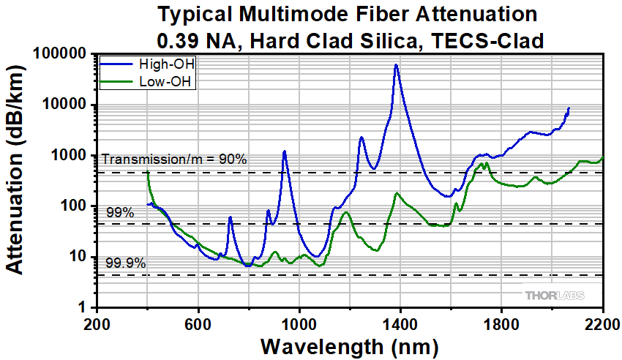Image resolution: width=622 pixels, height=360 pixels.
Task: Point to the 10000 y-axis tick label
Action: (67, 105)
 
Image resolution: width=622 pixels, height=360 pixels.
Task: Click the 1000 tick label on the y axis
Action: (71, 156)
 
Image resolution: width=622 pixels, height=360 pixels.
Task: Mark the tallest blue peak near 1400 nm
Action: (396, 65)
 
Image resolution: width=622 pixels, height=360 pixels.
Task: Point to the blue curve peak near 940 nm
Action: (284, 151)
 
